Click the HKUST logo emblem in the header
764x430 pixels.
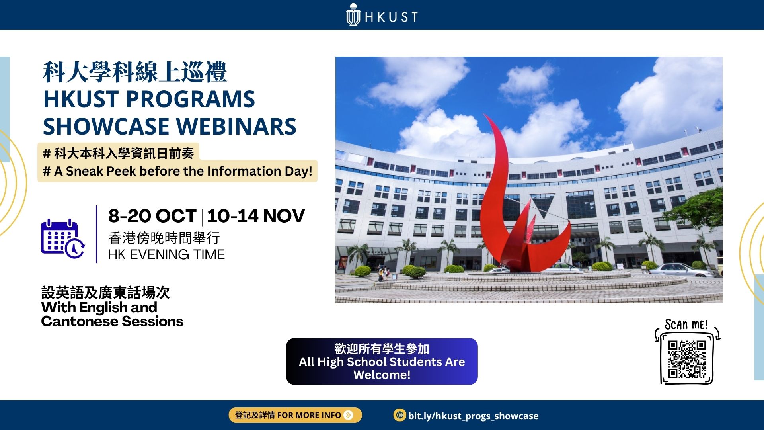353,15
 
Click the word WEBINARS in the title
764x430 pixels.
236,126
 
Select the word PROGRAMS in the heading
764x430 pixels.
190,99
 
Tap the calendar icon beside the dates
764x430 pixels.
63,238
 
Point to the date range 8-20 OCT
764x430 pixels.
152,216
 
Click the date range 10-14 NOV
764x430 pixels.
256,216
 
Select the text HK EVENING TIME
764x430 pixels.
166,254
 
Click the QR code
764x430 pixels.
687,359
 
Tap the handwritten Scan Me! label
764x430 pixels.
686,324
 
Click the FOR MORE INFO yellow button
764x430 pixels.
295,415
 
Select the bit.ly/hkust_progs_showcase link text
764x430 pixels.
473,416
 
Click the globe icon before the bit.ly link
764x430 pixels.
399,415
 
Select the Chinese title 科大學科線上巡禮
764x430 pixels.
135,72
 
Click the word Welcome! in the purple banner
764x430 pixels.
382,375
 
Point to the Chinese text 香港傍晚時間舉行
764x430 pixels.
164,238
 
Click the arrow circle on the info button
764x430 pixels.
349,415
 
